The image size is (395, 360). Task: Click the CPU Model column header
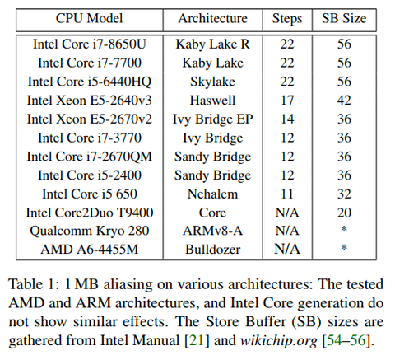[89, 19]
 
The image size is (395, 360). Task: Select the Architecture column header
[212, 19]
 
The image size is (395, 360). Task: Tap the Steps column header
[287, 19]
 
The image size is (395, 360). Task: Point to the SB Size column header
[344, 19]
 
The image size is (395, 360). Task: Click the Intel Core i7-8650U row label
[89, 44]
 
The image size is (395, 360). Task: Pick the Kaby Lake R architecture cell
[212, 44]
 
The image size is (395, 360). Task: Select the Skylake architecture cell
[212, 82]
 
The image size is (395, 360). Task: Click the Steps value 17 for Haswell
[287, 101]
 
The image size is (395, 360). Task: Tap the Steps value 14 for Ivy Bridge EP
[287, 119]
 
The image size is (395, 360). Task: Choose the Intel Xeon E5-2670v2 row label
[89, 119]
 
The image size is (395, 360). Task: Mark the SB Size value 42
[344, 101]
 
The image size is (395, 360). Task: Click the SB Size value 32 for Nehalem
[344, 194]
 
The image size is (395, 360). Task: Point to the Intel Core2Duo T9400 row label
[89, 213]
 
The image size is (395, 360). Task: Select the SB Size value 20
[344, 213]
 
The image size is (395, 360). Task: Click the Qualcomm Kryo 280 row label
[89, 231]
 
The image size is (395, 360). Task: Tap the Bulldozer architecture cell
[212, 250]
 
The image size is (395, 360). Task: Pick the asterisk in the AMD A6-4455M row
[344, 248]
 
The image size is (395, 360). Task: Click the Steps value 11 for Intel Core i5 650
[287, 194]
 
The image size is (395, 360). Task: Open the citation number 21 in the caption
[197, 340]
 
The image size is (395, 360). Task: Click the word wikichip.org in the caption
[278, 341]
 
